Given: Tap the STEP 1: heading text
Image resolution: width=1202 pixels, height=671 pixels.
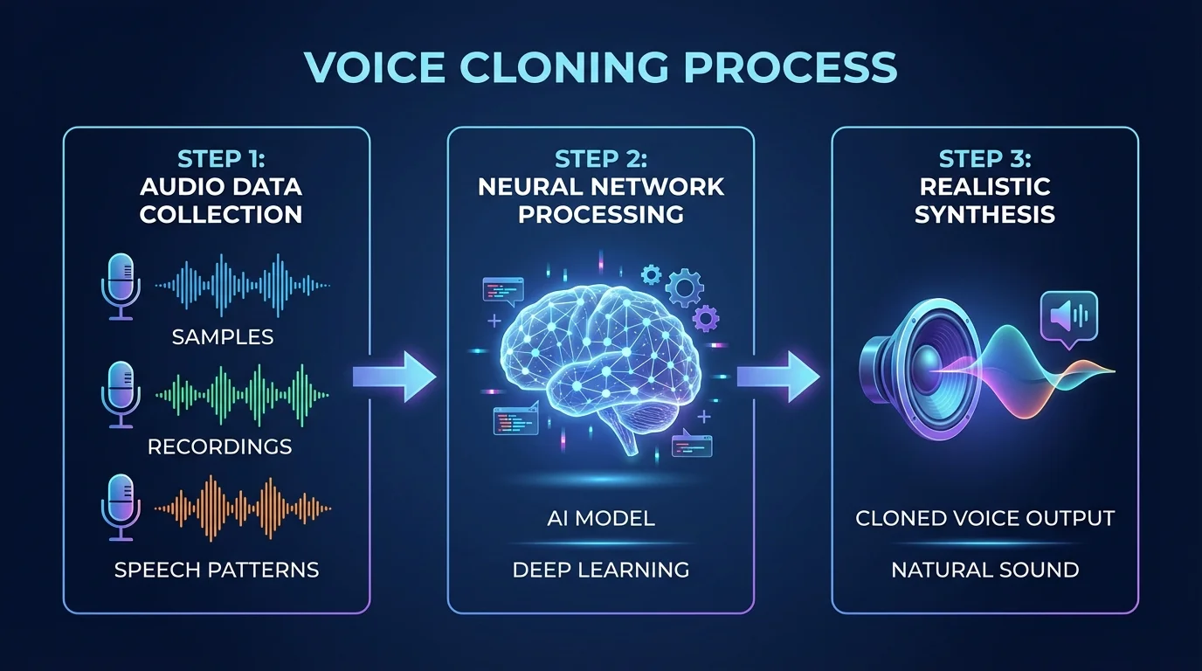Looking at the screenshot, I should pyautogui.click(x=221, y=159).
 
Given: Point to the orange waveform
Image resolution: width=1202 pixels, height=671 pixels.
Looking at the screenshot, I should pyautogui.click(x=243, y=507).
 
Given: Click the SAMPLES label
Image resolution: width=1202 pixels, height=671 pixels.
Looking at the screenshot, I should pyautogui.click(x=222, y=336).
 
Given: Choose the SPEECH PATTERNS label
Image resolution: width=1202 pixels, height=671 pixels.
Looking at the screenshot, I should pyautogui.click(x=217, y=571).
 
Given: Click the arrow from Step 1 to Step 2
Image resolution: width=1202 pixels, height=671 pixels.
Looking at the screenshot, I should pyautogui.click(x=394, y=377).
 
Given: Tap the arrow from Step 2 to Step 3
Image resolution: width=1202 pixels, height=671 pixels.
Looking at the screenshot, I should pyautogui.click(x=778, y=377).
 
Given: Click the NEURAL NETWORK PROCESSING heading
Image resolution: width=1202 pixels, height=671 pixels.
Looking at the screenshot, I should pyautogui.click(x=601, y=200).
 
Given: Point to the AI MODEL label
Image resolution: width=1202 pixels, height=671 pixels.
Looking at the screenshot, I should pyautogui.click(x=601, y=518).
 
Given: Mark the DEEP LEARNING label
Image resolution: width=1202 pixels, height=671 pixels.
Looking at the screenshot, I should pyautogui.click(x=601, y=571).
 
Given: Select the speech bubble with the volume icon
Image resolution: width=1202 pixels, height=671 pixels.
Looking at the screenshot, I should pyautogui.click(x=1068, y=317).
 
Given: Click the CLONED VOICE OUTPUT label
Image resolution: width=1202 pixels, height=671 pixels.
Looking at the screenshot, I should pyautogui.click(x=985, y=518).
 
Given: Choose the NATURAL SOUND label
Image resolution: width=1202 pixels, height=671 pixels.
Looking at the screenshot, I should pyautogui.click(x=985, y=571).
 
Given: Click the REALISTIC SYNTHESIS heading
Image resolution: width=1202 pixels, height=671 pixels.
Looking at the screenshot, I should pyautogui.click(x=985, y=200).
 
